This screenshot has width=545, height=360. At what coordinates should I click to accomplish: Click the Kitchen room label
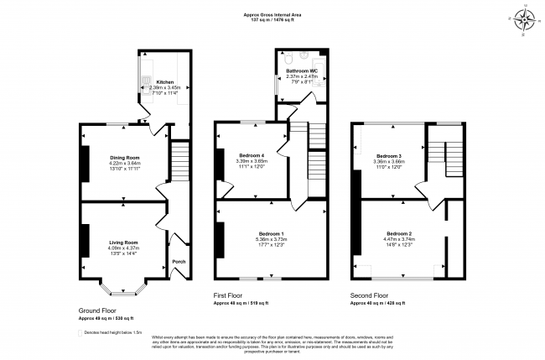pos(164,82)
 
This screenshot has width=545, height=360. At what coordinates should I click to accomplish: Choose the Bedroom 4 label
pos(251,155)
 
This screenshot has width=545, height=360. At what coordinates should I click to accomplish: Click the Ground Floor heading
pos(98,310)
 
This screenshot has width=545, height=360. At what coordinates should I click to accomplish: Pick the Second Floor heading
pos(370,295)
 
